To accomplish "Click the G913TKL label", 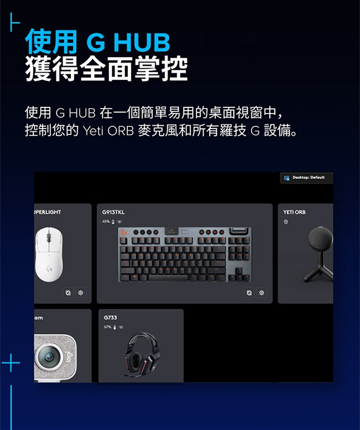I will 113,212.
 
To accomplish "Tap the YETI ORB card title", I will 294,212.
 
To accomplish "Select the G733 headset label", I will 110,318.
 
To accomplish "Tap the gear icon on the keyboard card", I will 261,293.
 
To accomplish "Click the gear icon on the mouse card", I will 81,293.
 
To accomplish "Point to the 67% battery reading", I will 107,327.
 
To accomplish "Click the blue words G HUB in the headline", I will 128,42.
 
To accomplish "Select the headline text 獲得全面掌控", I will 106,69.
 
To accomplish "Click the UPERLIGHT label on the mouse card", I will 48,212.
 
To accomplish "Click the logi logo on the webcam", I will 69,357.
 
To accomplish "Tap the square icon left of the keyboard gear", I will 249,293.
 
